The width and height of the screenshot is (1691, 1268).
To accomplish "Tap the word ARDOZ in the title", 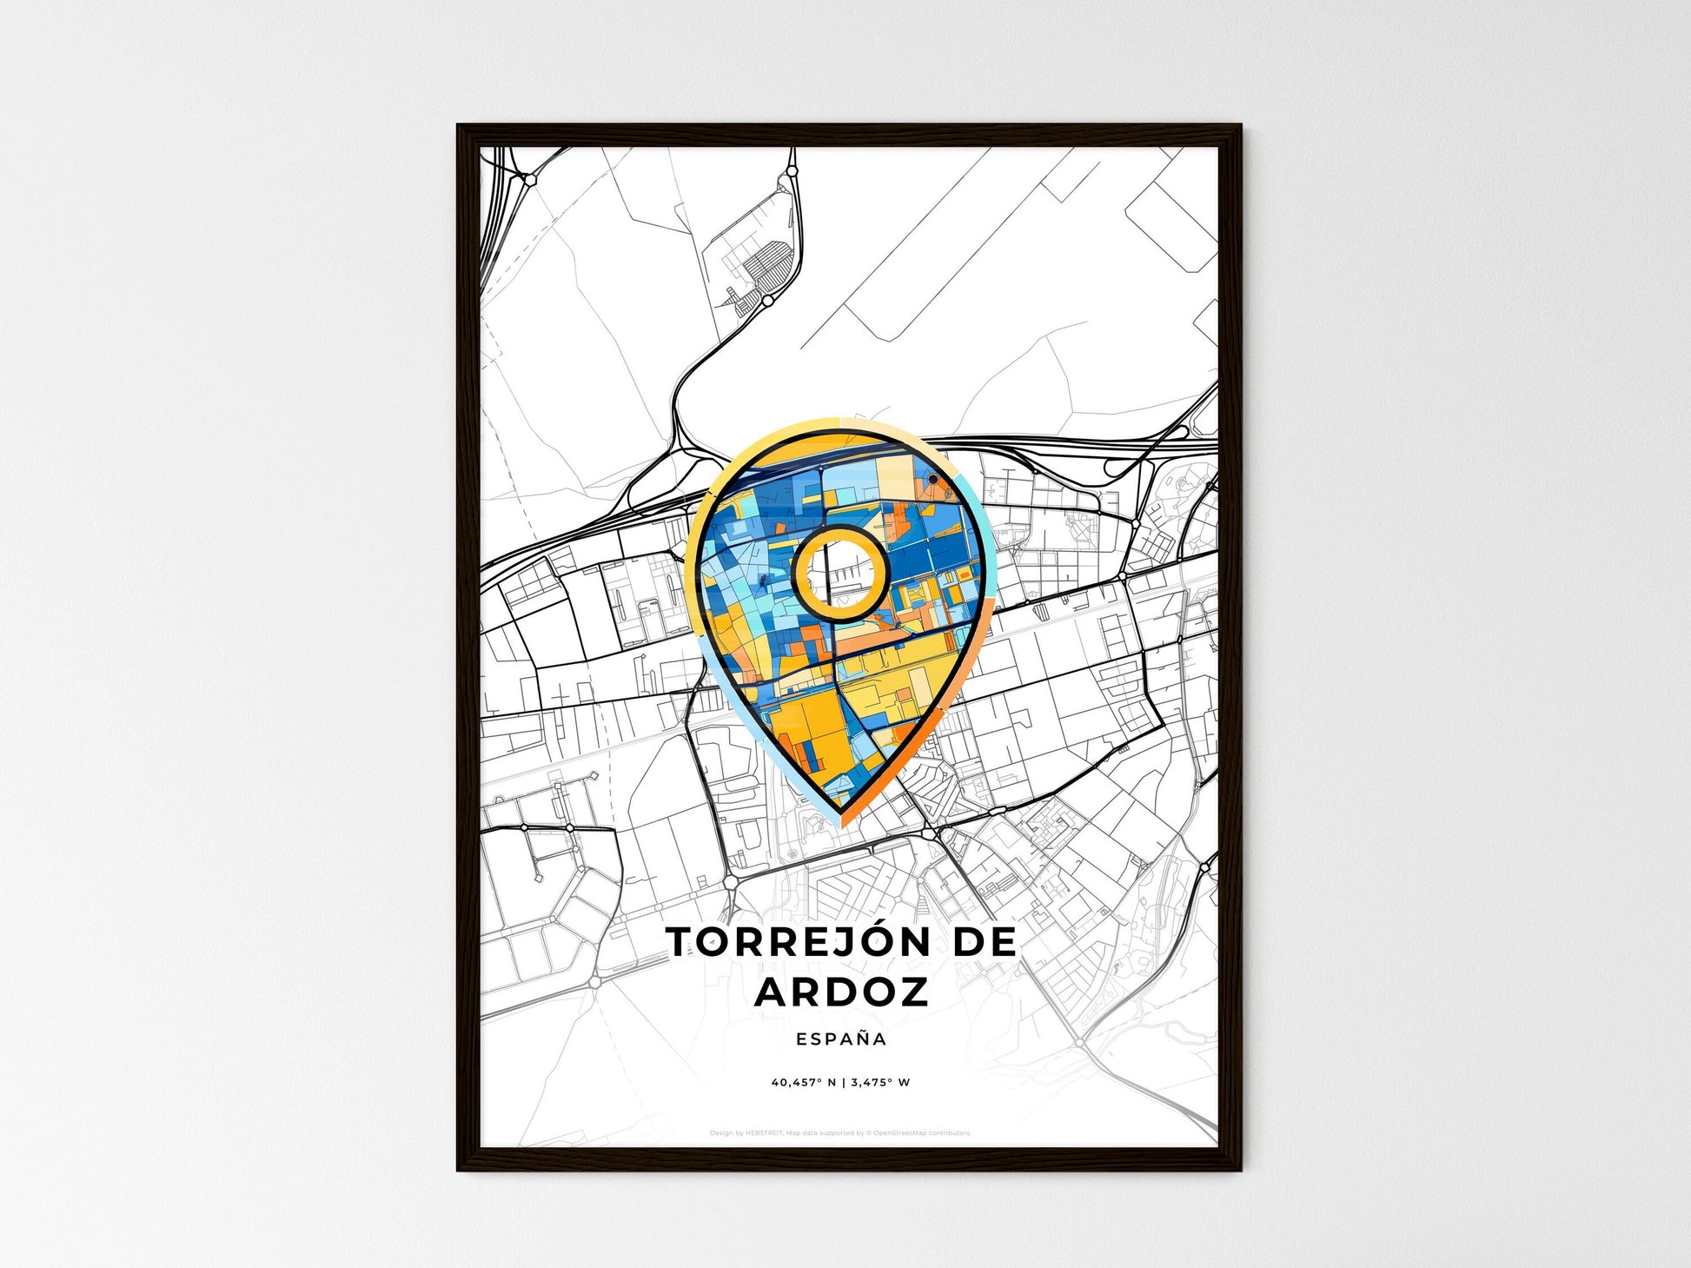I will point(841,992).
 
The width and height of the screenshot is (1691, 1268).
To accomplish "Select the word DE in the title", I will point(985,943).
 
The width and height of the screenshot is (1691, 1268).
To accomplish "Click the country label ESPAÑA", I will point(841,1039).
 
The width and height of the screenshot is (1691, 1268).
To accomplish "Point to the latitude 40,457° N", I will point(803,1083).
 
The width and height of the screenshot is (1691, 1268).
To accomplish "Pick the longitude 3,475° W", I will point(880,1083).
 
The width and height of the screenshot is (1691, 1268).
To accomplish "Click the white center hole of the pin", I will point(840,573).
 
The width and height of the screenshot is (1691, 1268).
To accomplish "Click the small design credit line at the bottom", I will point(839,1133).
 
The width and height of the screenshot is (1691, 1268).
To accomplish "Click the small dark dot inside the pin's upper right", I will point(932,479).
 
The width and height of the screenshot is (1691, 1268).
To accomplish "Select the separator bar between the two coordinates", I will point(842,1083).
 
